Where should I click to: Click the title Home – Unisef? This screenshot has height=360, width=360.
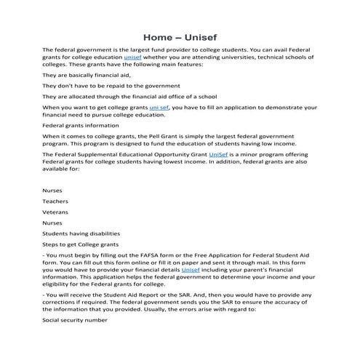pos(180,35)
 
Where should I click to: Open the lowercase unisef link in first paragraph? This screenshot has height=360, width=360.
pos(133,56)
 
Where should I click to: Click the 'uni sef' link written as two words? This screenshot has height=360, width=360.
pos(159,107)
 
